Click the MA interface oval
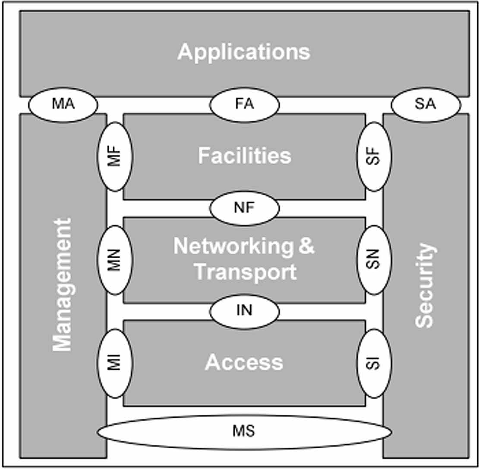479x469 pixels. [63, 104]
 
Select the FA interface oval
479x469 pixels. [244, 104]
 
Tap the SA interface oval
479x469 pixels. [426, 104]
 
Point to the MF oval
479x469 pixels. [115, 156]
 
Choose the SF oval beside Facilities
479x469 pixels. [375, 156]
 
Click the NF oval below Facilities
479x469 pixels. [244, 208]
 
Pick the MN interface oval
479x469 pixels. [115, 260]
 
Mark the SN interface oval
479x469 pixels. [375, 260]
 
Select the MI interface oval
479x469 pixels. [115, 363]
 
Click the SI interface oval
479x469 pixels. [375, 363]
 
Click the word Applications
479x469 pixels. [244, 52]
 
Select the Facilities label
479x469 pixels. [244, 156]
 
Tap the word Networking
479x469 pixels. [233, 247]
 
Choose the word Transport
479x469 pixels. [245, 272]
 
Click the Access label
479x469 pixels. [244, 363]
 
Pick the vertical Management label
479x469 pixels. [63, 285]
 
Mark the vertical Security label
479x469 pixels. [425, 285]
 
